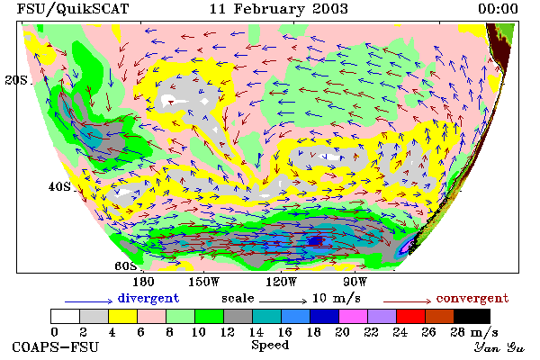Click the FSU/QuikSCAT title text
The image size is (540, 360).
[73, 9]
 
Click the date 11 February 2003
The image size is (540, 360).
[279, 9]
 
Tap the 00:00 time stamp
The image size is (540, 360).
[498, 9]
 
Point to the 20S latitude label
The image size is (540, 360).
[16, 80]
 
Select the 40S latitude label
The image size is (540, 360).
[59, 186]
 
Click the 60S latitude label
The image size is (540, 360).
[125, 265]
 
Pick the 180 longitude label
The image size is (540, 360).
[143, 282]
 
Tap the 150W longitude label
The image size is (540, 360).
[204, 282]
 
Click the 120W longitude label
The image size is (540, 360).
[281, 282]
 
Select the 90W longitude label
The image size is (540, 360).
[355, 282]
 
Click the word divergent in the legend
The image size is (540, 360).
[148, 298]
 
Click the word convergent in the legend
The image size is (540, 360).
[472, 298]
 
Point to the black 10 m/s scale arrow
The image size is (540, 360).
[283, 301]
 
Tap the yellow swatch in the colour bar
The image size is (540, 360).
[122, 316]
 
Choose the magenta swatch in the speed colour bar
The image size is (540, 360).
[353, 316]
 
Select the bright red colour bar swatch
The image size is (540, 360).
[410, 316]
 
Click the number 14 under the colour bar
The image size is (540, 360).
[256, 332]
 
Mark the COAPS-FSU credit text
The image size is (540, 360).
[55, 346]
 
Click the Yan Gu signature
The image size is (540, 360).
[499, 347]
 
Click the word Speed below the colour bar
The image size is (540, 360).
[270, 346]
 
